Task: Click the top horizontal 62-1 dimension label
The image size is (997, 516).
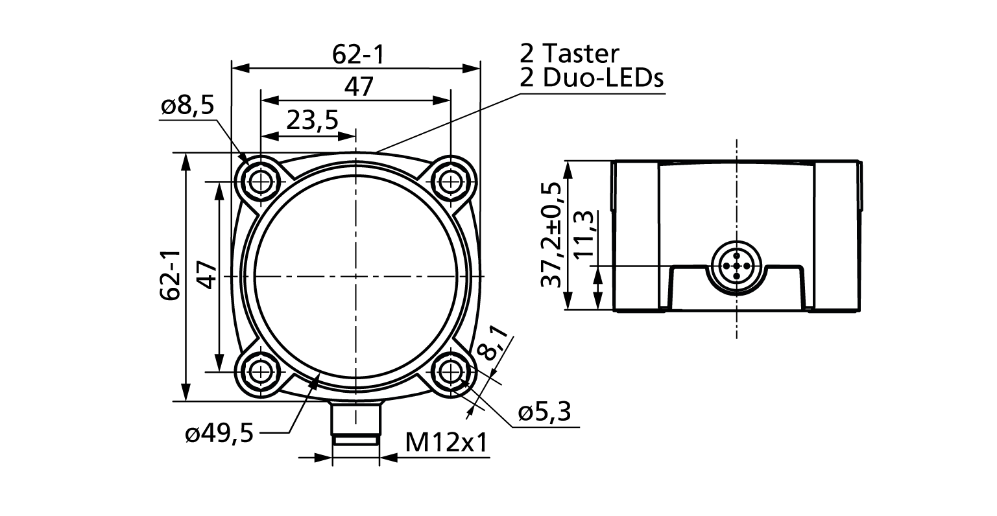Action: click(x=358, y=54)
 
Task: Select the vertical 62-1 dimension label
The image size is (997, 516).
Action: click(x=170, y=276)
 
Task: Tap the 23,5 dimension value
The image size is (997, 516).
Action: click(x=312, y=120)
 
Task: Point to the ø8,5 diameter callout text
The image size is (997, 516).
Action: click(x=187, y=106)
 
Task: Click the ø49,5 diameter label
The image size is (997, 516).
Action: click(x=219, y=433)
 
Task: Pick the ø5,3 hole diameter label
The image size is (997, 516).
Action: click(x=544, y=412)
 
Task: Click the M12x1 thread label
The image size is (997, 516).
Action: click(x=446, y=443)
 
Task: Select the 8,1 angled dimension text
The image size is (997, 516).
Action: click(x=492, y=342)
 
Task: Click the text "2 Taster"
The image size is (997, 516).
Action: click(x=570, y=54)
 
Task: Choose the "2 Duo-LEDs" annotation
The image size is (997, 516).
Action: click(x=592, y=78)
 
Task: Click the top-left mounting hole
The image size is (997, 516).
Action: click(x=261, y=182)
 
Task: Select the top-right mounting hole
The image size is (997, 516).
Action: click(x=450, y=182)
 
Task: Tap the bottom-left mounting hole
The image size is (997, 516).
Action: click(x=261, y=371)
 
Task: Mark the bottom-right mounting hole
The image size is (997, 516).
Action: click(x=450, y=371)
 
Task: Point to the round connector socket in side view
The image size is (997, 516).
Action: click(x=736, y=266)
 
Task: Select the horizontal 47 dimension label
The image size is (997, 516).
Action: click(x=358, y=87)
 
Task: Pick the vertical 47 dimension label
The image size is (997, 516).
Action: click(x=206, y=276)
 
